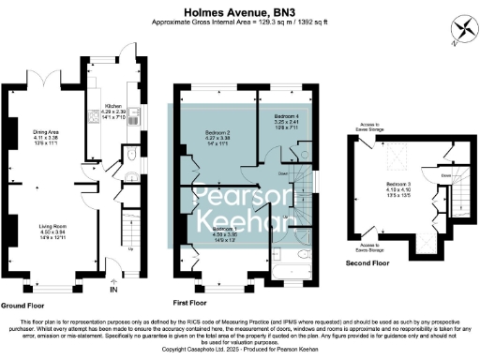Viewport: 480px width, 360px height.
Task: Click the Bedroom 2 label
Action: click(217, 138)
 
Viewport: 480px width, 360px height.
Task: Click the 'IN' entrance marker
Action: click(113, 291)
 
